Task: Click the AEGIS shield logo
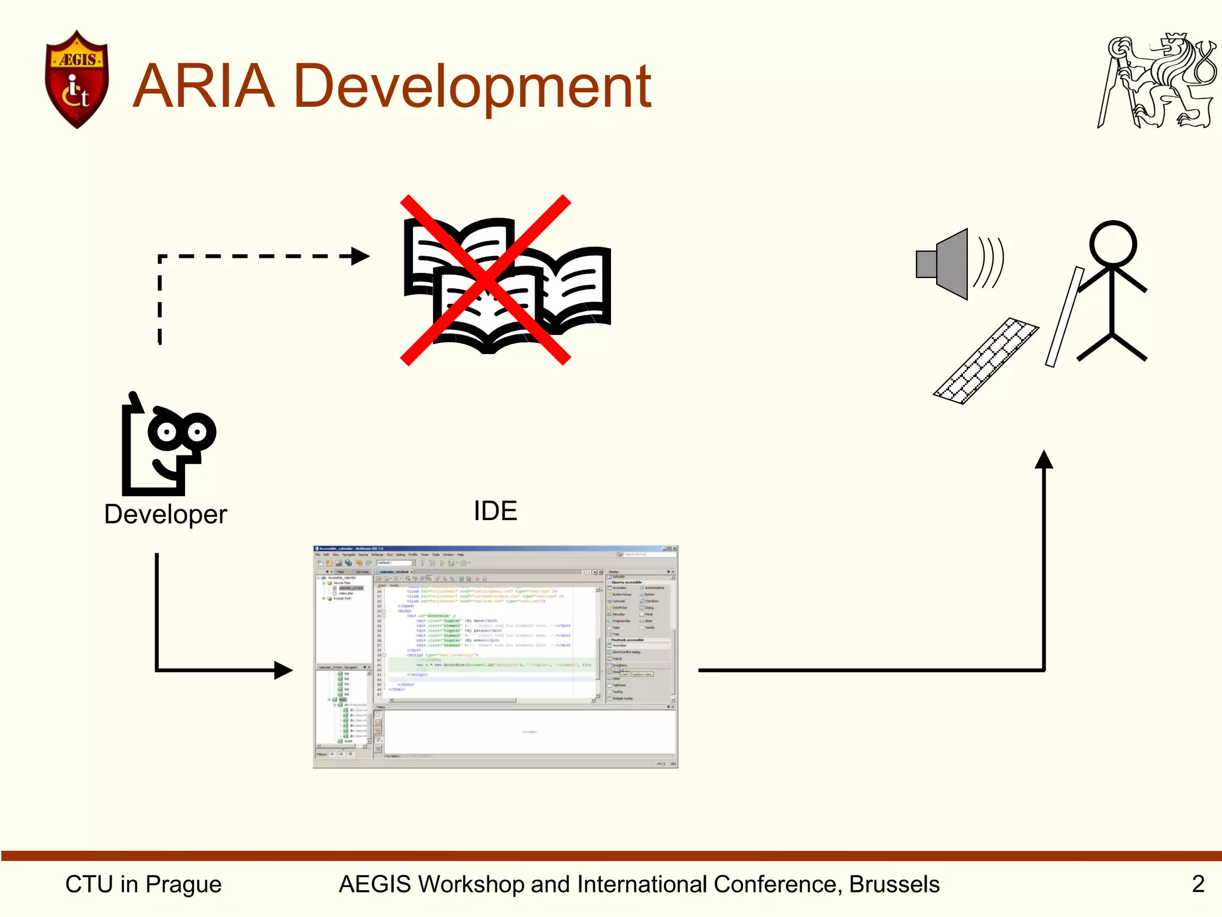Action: pos(76,79)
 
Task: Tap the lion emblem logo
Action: pos(1156,81)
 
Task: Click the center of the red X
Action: pos(485,279)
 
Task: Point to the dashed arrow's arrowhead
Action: pos(360,256)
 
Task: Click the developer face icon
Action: pos(168,445)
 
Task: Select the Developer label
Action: pos(165,514)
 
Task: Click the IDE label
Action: pos(495,511)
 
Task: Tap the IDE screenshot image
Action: pos(495,656)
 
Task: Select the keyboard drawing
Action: pos(986,361)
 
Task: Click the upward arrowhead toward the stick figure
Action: pos(1044,460)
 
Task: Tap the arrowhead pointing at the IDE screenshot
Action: pos(283,670)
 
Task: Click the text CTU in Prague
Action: pos(143,884)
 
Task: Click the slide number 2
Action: pos(1198,884)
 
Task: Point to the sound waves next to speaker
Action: pos(989,262)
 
